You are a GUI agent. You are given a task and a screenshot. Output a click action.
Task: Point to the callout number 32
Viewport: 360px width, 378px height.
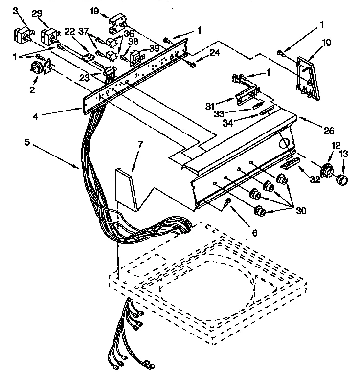point(315,179)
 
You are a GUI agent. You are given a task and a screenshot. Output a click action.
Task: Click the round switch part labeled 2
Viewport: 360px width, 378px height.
point(38,69)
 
